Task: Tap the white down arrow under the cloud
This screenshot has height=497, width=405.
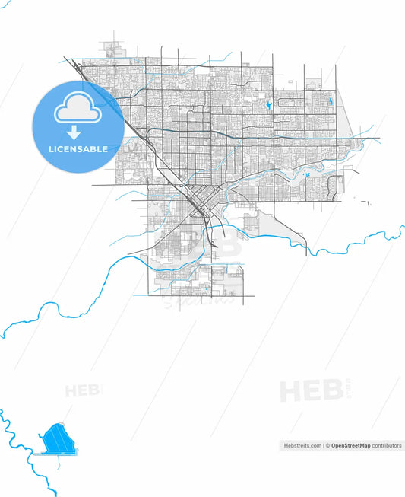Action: (x=79, y=131)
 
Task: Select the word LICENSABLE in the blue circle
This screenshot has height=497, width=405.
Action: (x=79, y=149)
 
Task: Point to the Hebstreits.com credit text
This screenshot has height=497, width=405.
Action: (x=300, y=445)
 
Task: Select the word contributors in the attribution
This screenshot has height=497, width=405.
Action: (x=386, y=445)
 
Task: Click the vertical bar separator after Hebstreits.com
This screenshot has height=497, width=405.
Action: (x=323, y=445)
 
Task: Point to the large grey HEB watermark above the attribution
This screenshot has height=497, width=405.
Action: (x=307, y=391)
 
